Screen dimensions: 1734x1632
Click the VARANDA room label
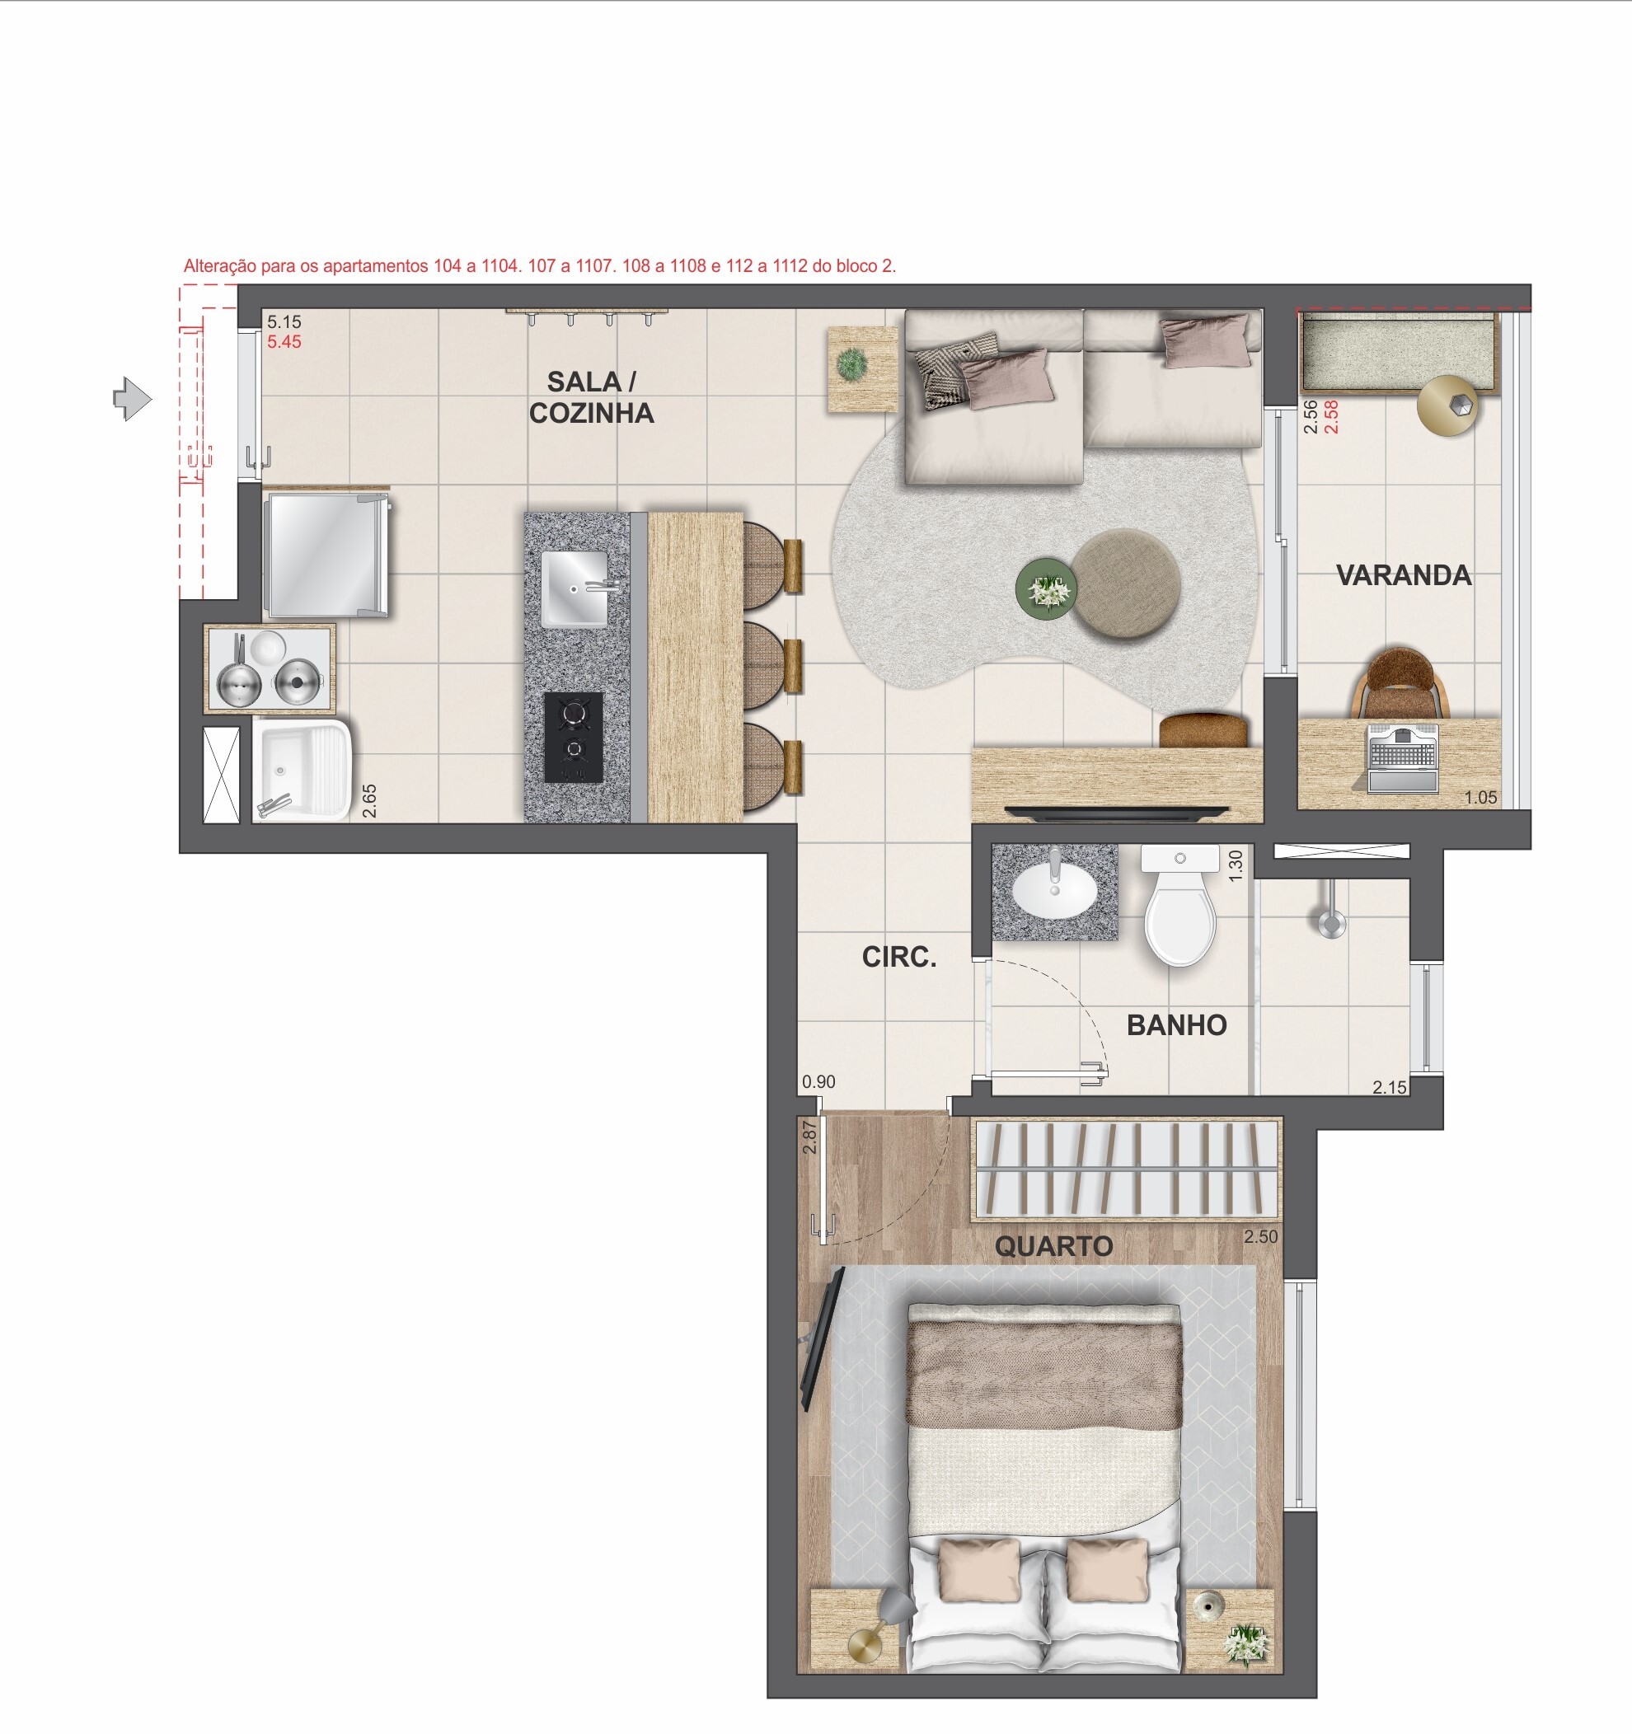tap(1404, 576)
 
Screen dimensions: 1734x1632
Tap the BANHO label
tap(1177, 1025)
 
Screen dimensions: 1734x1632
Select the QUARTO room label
tap(1053, 1246)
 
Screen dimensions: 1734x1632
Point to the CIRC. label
tap(898, 958)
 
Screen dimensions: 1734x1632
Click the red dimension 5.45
tap(284, 342)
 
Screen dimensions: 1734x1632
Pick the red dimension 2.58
tap(1331, 417)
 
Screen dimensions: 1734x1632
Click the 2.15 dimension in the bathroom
tap(1390, 1087)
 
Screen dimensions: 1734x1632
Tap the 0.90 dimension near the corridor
tap(818, 1081)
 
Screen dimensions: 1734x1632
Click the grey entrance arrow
tap(133, 400)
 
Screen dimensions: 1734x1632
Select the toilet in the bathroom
tap(1179, 912)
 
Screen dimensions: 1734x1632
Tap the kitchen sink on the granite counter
tap(574, 588)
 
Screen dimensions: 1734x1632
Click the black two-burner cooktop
tap(573, 737)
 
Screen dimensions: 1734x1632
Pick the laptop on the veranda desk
tap(1403, 757)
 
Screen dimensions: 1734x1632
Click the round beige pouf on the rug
tap(1126, 583)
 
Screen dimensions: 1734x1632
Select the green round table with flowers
tap(1047, 591)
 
